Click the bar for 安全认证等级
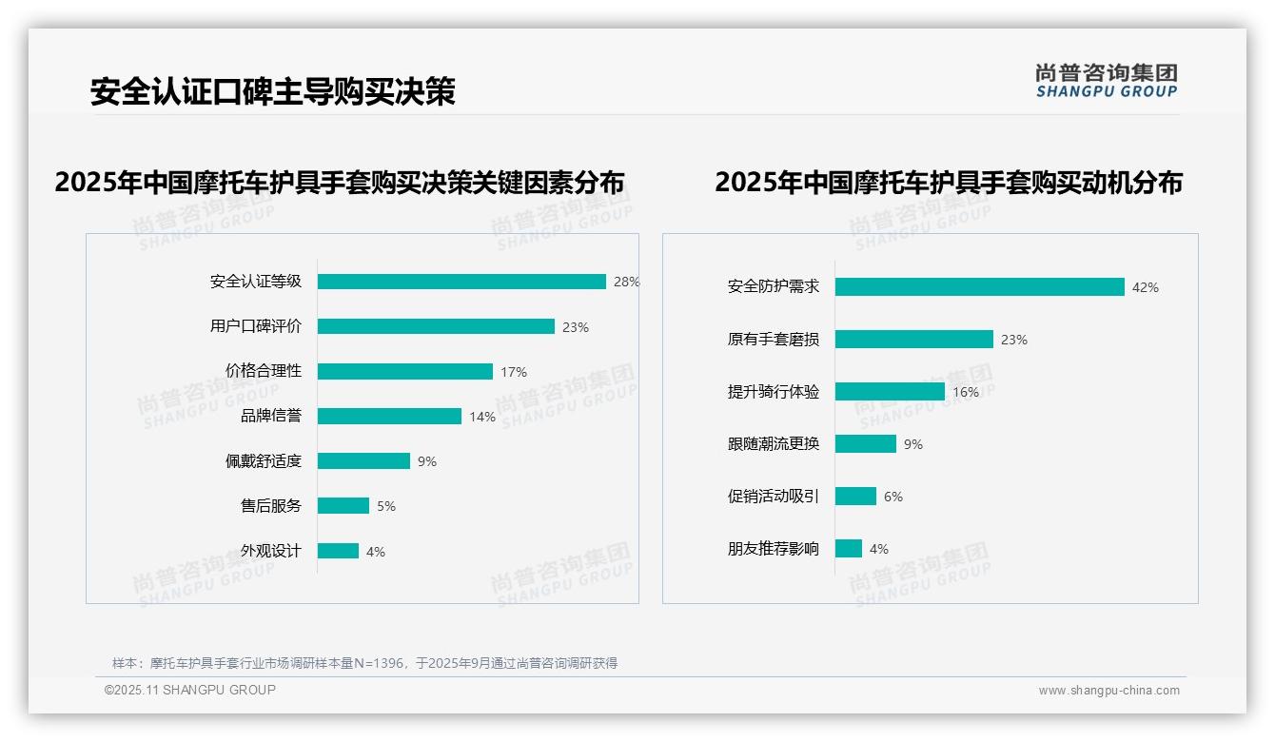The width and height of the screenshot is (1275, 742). tap(461, 282)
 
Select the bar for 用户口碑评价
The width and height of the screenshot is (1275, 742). tap(436, 326)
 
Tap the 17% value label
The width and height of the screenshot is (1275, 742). tap(514, 372)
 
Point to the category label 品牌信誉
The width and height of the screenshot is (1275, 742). tap(271, 416)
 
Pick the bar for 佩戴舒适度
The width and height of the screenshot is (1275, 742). tap(363, 461)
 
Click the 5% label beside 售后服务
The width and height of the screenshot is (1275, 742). tap(386, 506)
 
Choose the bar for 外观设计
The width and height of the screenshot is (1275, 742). tap(338, 551)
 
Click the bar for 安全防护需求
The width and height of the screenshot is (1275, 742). tap(980, 287)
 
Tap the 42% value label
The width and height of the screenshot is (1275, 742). tap(1146, 287)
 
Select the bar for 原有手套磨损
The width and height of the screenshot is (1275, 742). tap(914, 340)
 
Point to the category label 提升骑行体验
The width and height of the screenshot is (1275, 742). tap(774, 392)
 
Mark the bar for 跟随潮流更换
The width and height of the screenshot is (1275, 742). tap(866, 444)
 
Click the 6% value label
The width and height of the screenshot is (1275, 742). tap(893, 497)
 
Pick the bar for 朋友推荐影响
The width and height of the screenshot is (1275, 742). tap(849, 549)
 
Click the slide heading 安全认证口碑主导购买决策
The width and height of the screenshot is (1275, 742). tap(273, 91)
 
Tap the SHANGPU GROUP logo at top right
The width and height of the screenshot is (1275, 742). tap(1107, 81)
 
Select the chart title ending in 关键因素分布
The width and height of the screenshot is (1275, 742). tap(340, 183)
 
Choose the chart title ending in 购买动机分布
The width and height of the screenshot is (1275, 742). tap(949, 183)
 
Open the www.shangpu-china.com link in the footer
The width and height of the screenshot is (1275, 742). tap(1108, 691)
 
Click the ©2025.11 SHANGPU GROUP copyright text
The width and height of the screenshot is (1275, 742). tap(190, 690)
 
